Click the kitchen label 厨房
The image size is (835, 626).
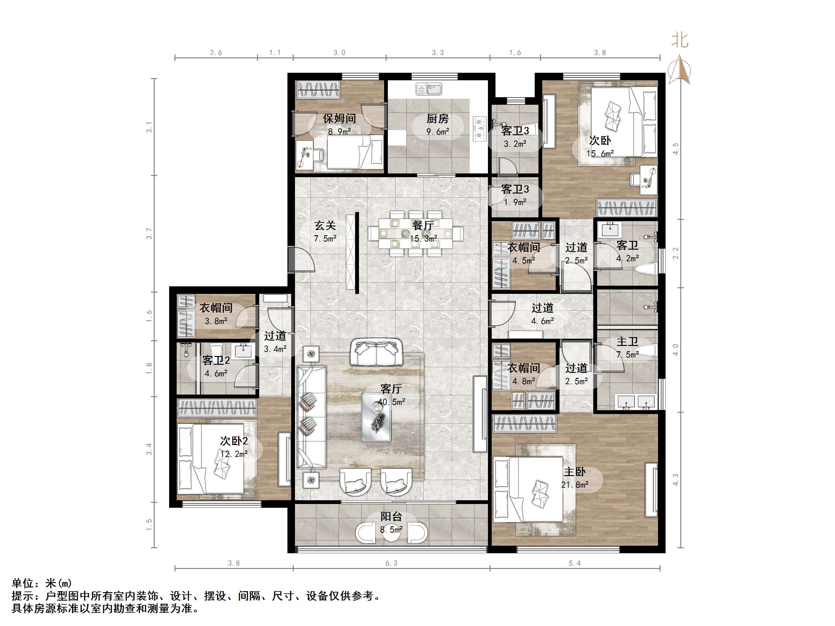(x=437, y=119)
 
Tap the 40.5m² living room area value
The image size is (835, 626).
(x=391, y=402)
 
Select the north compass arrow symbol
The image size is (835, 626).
(x=679, y=70)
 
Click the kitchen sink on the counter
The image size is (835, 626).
(x=429, y=89)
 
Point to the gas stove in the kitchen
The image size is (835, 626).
(x=480, y=128)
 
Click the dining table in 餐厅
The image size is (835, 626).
(x=415, y=234)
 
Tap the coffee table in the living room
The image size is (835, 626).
(x=376, y=417)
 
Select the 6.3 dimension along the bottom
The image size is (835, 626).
(x=391, y=563)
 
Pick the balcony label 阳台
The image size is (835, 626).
(x=391, y=517)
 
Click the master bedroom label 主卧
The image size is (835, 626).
(x=575, y=472)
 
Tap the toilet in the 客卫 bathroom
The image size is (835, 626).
(x=646, y=269)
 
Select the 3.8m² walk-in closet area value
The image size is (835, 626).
(x=216, y=321)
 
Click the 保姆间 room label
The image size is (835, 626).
(x=339, y=119)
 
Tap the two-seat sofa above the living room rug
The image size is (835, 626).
(x=376, y=353)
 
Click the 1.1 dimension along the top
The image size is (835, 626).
(x=275, y=52)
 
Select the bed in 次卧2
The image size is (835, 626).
(x=211, y=459)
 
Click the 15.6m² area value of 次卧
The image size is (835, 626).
(x=600, y=154)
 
